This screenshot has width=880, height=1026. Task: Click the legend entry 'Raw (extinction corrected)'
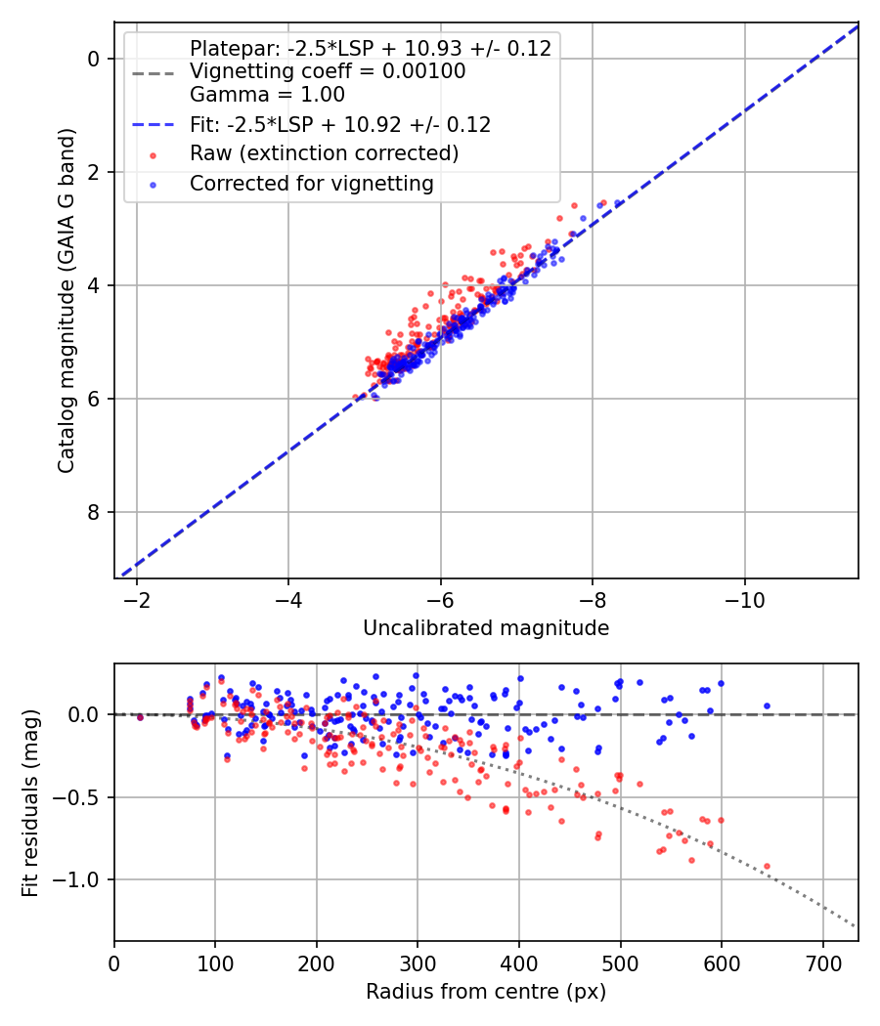(324, 153)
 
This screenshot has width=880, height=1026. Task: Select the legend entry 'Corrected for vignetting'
(312, 184)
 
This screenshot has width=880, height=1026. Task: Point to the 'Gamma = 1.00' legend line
(267, 94)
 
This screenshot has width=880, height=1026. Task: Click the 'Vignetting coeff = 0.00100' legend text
(328, 70)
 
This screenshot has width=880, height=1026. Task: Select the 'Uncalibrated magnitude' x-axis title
(486, 628)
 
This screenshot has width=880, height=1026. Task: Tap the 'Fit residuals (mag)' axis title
(30, 803)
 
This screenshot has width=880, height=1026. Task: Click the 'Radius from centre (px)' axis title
(486, 992)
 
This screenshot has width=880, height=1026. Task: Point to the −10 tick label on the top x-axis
(744, 600)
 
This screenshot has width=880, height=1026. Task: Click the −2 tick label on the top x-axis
(136, 600)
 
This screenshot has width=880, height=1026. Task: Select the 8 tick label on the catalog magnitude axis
(94, 512)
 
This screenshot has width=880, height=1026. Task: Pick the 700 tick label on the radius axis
(823, 963)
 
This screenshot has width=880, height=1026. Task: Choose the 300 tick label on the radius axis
(418, 963)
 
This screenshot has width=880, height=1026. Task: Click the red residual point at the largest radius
(767, 867)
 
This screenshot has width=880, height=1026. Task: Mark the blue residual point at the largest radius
(767, 706)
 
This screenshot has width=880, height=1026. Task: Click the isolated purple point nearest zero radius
(140, 718)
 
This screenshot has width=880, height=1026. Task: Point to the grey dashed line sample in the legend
(154, 73)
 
